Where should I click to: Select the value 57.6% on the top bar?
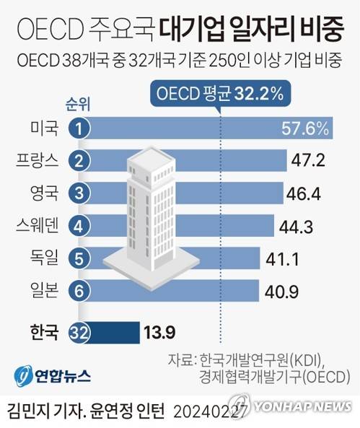(304, 130)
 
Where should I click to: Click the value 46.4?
(304, 193)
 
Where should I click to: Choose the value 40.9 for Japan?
(280, 290)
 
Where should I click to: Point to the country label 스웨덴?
(36, 226)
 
